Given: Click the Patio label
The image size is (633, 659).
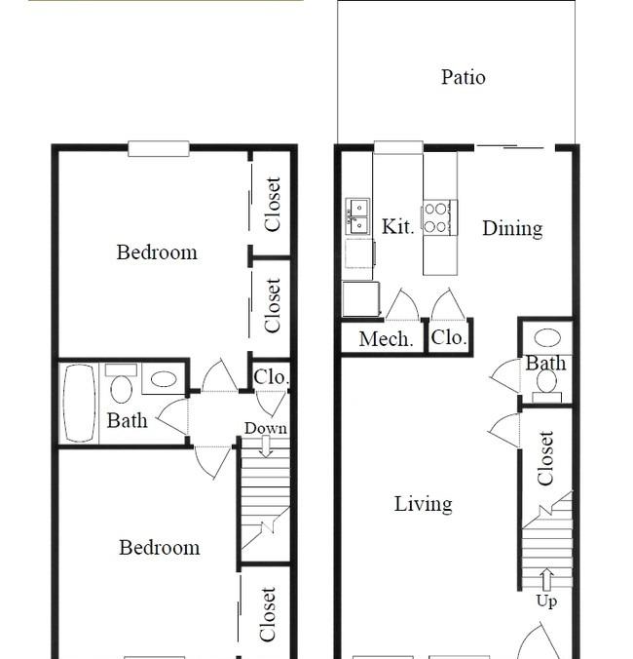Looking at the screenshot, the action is pos(464,77).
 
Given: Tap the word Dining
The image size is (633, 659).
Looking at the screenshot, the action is pos(512,229).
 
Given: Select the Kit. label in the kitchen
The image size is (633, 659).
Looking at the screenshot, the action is pos(397,226).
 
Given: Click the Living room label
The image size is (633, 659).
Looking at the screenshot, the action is pos(423,504).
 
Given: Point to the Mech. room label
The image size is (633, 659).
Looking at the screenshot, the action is pos(386,338).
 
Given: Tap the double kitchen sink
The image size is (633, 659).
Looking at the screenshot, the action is pos(357,216).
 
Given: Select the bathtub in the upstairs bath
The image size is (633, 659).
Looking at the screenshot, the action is pos(79,403).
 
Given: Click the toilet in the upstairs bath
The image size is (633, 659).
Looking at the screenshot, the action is pos(122,383).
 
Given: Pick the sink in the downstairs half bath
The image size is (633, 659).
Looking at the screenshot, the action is pos(547,337).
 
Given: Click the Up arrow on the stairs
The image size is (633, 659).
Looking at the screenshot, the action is pos(546,580).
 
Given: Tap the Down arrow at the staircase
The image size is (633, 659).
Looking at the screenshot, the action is pos(266,446).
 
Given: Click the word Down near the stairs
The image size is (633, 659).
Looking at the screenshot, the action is pos(266,428).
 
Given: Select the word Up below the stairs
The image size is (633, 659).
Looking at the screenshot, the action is pos(546,601).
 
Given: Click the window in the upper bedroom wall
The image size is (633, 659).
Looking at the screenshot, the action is pos(158,149).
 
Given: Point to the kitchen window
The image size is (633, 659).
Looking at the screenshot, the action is pos(398,147).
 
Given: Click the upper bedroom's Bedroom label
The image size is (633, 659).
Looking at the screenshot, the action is pos(157,252).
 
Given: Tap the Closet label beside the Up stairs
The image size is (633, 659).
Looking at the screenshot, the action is pos(545,458).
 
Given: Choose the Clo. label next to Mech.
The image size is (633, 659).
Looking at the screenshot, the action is pos(449,337).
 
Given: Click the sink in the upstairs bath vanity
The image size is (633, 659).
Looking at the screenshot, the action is pos(164,379).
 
